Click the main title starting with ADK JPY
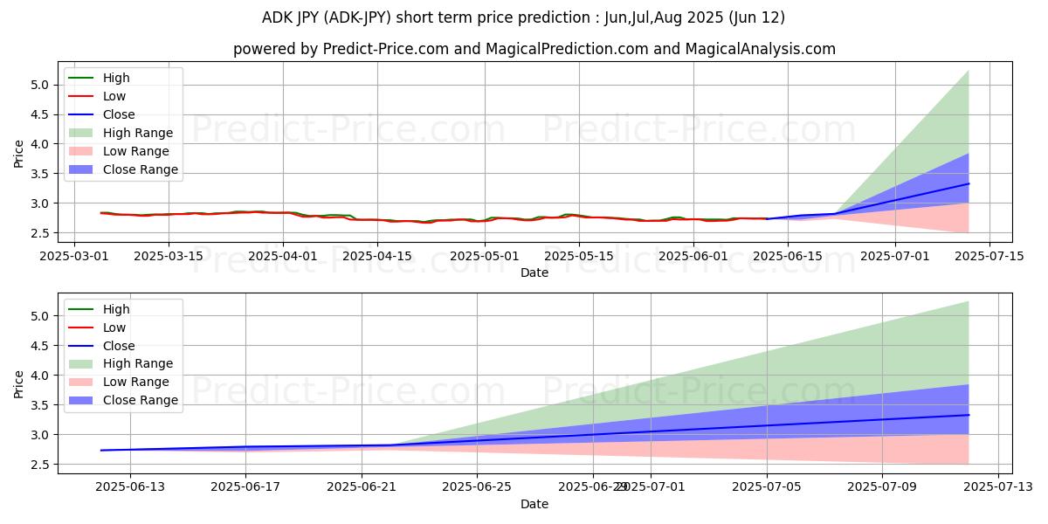click(523, 17)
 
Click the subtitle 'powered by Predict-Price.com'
click(534, 49)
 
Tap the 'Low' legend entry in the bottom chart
click(114, 327)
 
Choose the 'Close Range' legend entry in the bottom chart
click(141, 400)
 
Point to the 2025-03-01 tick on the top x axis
click(73, 256)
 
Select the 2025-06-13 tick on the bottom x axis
click(130, 487)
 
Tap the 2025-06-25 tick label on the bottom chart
click(477, 487)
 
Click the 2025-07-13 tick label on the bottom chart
click(997, 487)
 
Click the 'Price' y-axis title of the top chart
click(19, 154)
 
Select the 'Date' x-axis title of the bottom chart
click(534, 504)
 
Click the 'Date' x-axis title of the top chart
click(534, 272)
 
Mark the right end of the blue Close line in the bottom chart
click(969, 415)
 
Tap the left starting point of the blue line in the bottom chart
click(101, 451)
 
